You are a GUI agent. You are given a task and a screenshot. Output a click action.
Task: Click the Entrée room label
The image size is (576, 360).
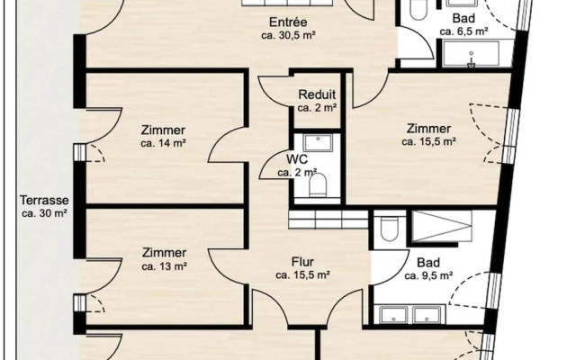(288, 22)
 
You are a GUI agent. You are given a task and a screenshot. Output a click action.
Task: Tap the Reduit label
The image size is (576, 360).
(317, 94)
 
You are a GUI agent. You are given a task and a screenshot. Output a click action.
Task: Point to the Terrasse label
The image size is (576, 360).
(44, 200)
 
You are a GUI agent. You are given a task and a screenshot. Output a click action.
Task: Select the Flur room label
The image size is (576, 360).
(302, 262)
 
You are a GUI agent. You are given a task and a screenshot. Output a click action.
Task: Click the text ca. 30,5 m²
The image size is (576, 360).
(289, 36)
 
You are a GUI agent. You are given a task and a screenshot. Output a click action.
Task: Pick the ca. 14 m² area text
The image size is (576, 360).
(163, 143)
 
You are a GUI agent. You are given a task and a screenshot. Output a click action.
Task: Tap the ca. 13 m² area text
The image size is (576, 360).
(164, 266)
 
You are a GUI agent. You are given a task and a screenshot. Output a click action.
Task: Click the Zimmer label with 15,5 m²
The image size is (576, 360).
(428, 129)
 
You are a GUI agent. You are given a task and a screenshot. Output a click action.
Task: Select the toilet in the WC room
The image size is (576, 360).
(318, 184)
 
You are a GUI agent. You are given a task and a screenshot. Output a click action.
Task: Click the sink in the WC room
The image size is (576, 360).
(318, 142)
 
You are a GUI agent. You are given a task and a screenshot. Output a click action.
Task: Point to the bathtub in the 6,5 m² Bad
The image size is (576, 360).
(471, 54)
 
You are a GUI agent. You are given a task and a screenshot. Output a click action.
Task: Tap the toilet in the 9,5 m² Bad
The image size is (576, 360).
(389, 228)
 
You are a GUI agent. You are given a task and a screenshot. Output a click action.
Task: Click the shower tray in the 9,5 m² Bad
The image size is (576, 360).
(442, 226)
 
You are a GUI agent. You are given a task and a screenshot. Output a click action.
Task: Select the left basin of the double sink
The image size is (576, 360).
(393, 315)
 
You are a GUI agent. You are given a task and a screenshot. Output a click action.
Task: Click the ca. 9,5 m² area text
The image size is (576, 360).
(428, 275)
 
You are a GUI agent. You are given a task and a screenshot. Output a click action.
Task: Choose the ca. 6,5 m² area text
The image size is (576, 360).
(464, 31)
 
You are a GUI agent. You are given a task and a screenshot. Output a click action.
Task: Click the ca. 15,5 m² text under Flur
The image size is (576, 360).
(302, 274)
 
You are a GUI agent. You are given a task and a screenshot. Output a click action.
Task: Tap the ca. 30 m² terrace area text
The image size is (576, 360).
(44, 213)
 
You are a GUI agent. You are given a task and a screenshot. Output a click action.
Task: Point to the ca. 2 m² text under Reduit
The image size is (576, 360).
(318, 108)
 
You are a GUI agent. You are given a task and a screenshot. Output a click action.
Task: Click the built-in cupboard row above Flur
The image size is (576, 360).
(328, 220)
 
